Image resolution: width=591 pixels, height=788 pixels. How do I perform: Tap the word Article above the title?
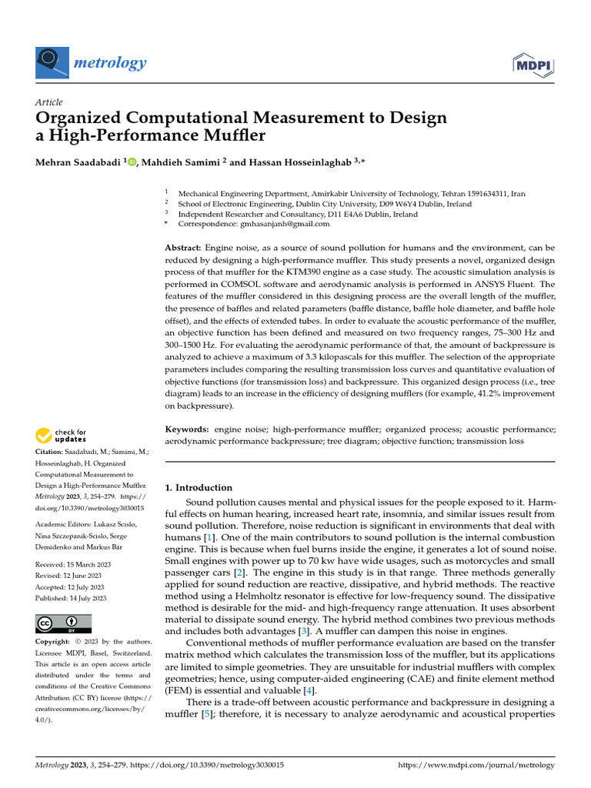click(x=49, y=102)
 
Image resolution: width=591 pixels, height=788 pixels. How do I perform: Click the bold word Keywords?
click(x=186, y=428)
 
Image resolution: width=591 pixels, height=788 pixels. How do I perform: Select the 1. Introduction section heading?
click(x=199, y=487)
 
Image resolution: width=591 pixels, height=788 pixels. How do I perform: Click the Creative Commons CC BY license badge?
click(x=63, y=623)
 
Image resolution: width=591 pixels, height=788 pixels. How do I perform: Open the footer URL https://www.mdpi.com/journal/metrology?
click(x=475, y=765)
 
